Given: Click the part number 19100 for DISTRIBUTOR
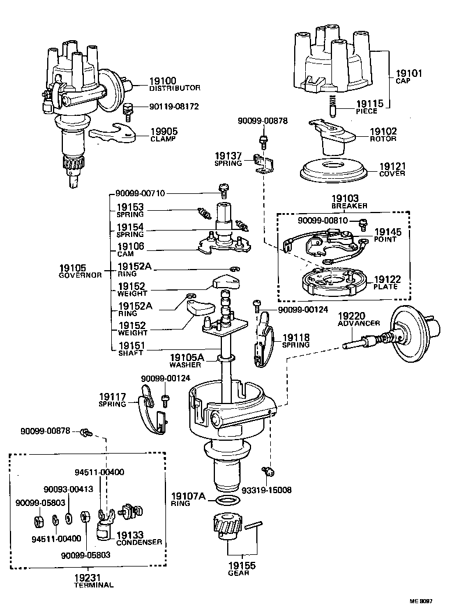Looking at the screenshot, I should pos(165,81).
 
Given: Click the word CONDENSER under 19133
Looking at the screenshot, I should pos(139,542).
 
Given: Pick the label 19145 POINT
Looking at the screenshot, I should pos(387,235).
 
